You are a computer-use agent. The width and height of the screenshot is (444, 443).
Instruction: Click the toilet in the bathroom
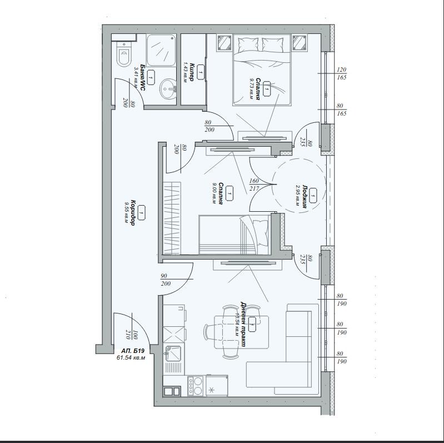[123, 56]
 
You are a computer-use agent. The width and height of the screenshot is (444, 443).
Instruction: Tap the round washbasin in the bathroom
[167, 87]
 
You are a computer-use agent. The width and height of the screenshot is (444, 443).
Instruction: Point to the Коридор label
[132, 212]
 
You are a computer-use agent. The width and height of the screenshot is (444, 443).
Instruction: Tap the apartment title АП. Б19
[133, 351]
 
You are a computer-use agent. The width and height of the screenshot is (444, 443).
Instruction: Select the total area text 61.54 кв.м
[131, 358]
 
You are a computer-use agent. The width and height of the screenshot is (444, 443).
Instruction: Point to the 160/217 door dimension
[255, 184]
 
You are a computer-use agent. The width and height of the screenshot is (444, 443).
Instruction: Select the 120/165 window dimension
[341, 73]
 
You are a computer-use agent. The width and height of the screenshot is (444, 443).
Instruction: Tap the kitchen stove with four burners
[195, 385]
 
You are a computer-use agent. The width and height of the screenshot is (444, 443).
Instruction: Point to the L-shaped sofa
[295, 350]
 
